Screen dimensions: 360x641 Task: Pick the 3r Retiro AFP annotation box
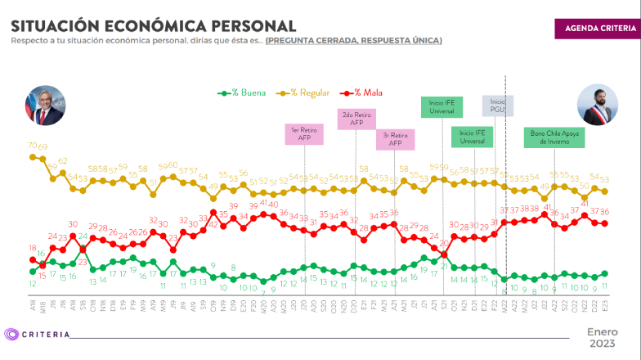[395, 139]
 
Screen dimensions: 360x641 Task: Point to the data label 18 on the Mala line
[33, 248]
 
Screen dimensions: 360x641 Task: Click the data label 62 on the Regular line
[63, 161]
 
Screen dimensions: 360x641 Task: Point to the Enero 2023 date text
[603, 337]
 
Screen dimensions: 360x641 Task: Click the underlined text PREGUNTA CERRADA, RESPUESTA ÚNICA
[353, 40]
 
